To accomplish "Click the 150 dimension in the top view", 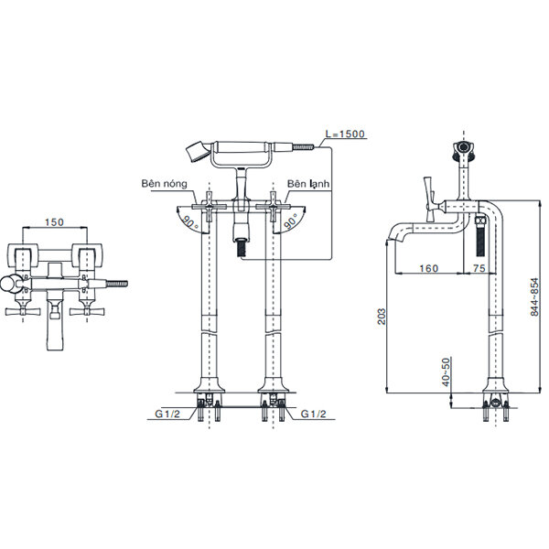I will [54, 222].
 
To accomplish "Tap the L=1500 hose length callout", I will [345, 135].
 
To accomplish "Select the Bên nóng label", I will [164, 183].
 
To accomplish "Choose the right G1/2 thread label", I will [316, 414].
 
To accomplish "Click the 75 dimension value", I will [479, 268].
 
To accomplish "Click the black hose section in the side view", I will [481, 239].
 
